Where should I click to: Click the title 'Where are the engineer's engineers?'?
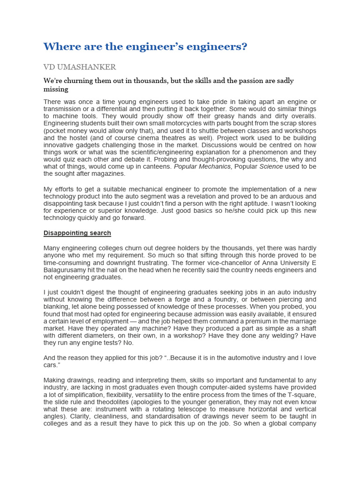pos(145,47)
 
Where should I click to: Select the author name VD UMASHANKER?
pos(80,67)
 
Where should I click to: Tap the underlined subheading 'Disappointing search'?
pos(77,233)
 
